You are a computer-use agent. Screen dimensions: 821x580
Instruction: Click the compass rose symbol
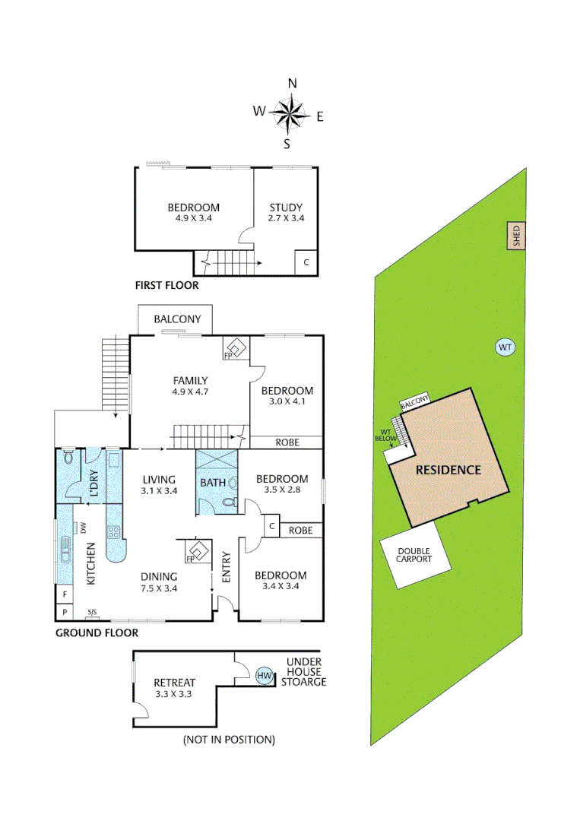pos(288,116)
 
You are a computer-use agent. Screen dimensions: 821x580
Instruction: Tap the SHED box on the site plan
pos(516,236)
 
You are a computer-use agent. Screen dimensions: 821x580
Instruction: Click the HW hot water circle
pos(265,675)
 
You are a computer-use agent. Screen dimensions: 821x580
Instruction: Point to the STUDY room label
pos(286,208)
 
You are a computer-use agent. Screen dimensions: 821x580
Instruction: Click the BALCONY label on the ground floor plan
pos(177,319)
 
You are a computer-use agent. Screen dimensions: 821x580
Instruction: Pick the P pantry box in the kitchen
pos(65,612)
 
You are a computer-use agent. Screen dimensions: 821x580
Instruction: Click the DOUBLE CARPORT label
pos(414,555)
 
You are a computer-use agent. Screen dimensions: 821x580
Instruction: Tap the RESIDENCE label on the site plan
pos(448,470)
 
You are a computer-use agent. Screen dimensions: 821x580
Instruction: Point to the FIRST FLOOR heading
pos(166,286)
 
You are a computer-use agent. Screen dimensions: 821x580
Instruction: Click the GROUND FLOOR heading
pos(97,632)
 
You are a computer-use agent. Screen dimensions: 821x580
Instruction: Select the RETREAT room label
pos(174,682)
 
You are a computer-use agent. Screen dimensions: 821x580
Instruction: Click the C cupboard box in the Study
pos(306,262)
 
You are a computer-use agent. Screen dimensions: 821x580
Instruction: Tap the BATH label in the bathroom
pos(213,483)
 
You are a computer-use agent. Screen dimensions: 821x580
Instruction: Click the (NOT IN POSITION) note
pos(229,739)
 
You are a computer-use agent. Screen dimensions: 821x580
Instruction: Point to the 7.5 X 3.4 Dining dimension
pos(159,588)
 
